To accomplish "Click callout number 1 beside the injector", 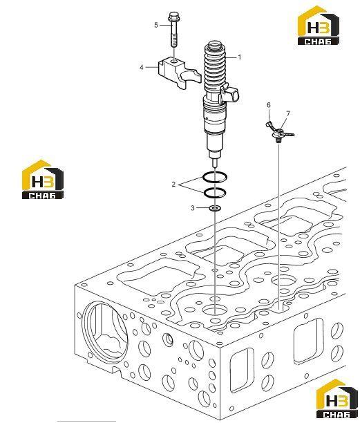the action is click(239, 57).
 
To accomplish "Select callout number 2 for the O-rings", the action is click(173, 185).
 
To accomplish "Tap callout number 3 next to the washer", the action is click(193, 208).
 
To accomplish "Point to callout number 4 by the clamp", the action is click(142, 67).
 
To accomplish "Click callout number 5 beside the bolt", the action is click(156, 25).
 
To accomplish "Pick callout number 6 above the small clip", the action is click(269, 105).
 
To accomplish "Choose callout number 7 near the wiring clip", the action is click(288, 113).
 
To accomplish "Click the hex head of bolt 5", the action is click(173, 17).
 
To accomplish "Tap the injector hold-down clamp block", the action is click(179, 73).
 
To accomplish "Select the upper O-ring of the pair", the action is click(215, 173).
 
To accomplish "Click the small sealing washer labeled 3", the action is click(215, 208).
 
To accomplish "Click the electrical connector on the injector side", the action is click(230, 95).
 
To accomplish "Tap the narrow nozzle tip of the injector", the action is click(215, 162).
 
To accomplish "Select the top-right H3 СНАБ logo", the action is click(319, 26).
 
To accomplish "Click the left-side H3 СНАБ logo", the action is click(43, 180).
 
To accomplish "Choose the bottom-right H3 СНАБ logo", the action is click(337, 399).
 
